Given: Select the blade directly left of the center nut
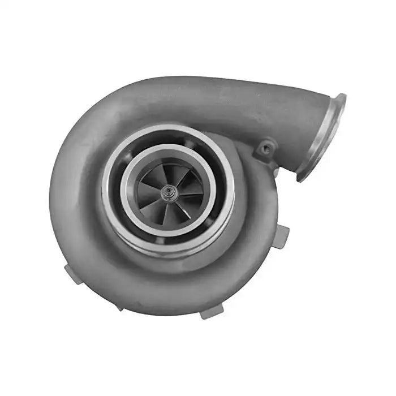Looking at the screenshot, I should [148, 191].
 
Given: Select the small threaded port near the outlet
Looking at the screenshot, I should [264, 149].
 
